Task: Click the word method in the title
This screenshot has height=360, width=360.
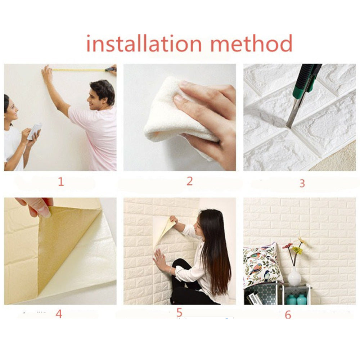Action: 251,44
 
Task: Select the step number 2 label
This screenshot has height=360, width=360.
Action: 189,181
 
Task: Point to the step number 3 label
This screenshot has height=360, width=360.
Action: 302,183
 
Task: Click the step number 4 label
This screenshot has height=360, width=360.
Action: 59,314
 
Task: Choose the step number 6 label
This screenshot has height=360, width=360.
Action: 288,315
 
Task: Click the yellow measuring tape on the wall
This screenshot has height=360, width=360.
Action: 79,70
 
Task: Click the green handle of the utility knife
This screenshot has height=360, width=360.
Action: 306,78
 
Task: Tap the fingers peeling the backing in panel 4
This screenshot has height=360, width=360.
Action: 38,207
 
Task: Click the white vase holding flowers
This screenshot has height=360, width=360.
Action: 294,276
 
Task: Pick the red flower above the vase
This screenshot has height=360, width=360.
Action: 288,246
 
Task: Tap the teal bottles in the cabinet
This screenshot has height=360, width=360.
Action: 297,299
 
